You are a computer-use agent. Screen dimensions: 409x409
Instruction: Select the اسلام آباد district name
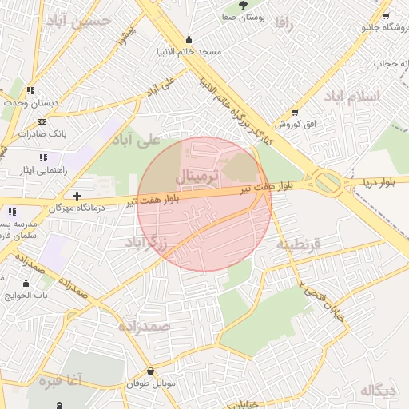point(352,96)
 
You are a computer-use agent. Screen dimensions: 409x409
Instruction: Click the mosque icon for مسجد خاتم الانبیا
point(189,40)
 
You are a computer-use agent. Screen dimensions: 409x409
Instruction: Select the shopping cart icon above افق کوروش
point(296,113)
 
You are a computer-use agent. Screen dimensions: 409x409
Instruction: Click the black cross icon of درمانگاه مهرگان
point(77,196)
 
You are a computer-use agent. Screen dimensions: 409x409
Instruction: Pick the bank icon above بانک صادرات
point(42,121)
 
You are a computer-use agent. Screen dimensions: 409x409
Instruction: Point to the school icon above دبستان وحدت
point(30,91)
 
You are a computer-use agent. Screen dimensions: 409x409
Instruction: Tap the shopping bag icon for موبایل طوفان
point(151,371)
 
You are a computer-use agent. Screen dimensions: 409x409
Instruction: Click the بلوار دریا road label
point(378,182)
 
